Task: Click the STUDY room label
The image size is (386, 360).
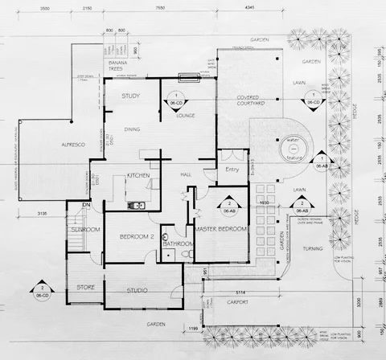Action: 131,96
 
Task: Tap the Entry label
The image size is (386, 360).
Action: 232,170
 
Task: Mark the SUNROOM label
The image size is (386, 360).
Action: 84,230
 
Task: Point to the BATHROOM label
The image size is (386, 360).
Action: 179,243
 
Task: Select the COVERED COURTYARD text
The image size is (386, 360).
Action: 252,101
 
